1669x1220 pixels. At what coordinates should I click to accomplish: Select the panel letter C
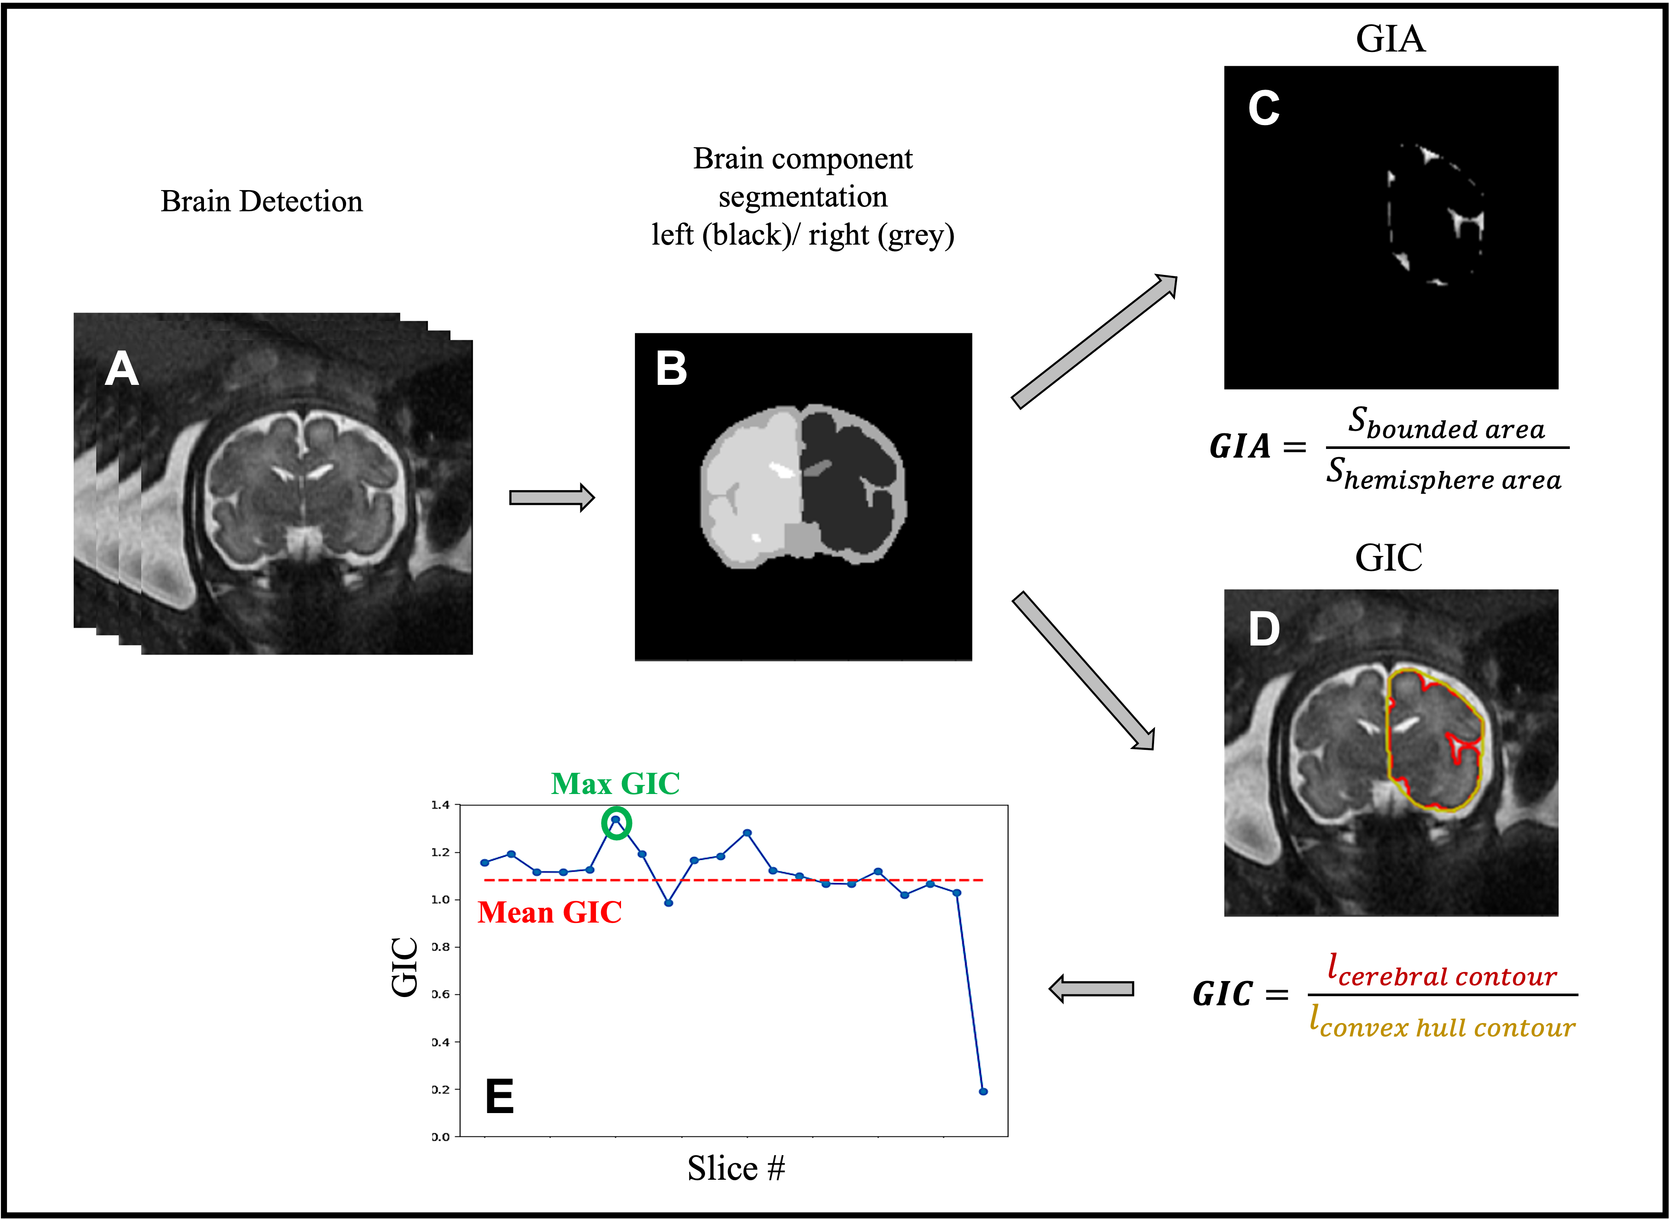pyautogui.click(x=1264, y=109)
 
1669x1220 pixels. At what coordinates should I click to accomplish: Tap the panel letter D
pyautogui.click(x=1264, y=630)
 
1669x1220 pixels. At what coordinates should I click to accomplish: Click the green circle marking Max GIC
pyautogui.click(x=616, y=823)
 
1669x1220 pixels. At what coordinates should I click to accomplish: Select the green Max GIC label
pyautogui.click(x=615, y=784)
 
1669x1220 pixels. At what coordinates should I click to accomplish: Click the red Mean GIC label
pyautogui.click(x=550, y=913)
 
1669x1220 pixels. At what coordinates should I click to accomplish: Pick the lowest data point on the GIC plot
pyautogui.click(x=983, y=1091)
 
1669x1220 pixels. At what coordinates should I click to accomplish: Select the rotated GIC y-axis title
pyautogui.click(x=405, y=968)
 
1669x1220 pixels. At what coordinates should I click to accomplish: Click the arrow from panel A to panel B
pyautogui.click(x=552, y=498)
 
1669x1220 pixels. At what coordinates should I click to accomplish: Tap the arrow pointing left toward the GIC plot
pyautogui.click(x=1091, y=989)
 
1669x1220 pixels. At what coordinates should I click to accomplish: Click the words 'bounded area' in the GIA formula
pyautogui.click(x=1454, y=429)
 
